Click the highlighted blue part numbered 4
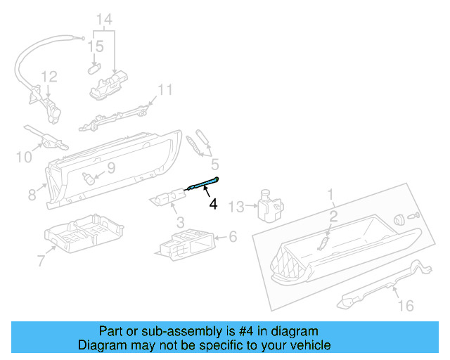coord(202,184)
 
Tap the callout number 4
coord(213,205)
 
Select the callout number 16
coord(406,305)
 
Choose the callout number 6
coord(233,237)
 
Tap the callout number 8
coord(32,193)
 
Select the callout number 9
coord(110,168)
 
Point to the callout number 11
coord(165,90)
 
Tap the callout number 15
coord(95,46)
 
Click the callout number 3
coord(180,222)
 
